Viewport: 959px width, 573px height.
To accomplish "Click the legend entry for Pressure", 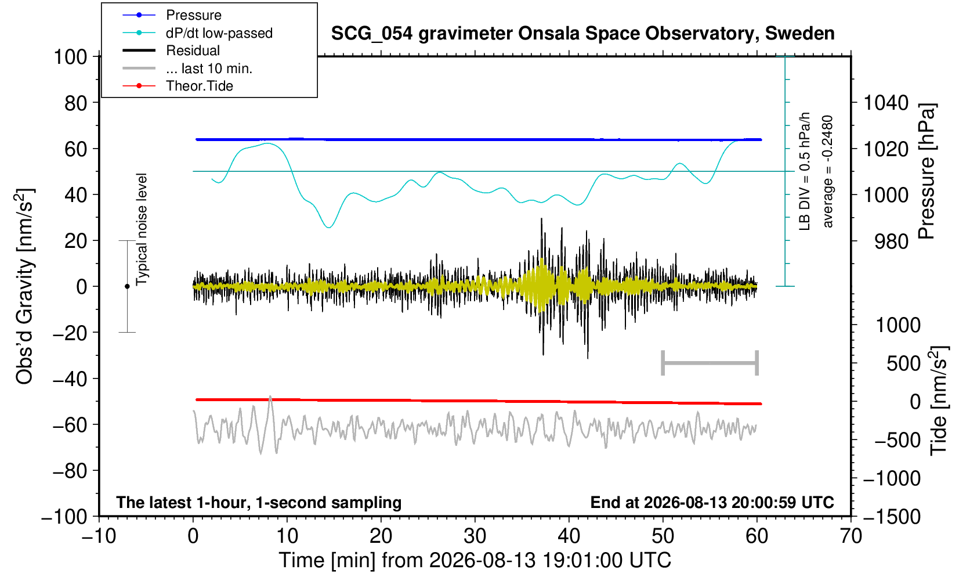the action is coord(194,15).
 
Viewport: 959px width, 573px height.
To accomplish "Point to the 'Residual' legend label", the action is coord(193,51).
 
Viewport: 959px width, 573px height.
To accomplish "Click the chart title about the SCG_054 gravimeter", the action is coord(582,34).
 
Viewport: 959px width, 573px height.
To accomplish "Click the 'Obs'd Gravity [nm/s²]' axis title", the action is coord(24,286).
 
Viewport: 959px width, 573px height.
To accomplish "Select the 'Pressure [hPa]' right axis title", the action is coord(927,171).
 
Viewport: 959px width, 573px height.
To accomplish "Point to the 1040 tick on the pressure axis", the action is coord(886,103).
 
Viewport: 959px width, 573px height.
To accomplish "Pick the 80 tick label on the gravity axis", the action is coord(76,103).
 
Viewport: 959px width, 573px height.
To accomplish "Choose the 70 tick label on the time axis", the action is coord(851,536).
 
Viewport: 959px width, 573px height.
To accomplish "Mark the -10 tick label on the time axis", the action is coord(99,536).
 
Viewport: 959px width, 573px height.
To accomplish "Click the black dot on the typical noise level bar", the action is coord(127,286).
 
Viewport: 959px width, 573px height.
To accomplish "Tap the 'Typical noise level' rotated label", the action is coord(142,230).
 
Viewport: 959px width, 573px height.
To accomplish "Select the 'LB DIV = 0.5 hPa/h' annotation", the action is coord(805,171).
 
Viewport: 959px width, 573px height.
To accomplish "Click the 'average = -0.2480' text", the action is coord(827,171).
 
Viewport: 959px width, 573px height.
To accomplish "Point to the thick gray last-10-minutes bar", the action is coord(710,363).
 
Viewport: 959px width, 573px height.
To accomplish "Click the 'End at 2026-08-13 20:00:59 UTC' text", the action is coord(712,502).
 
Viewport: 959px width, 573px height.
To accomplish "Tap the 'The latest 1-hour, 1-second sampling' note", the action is coord(259,503).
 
